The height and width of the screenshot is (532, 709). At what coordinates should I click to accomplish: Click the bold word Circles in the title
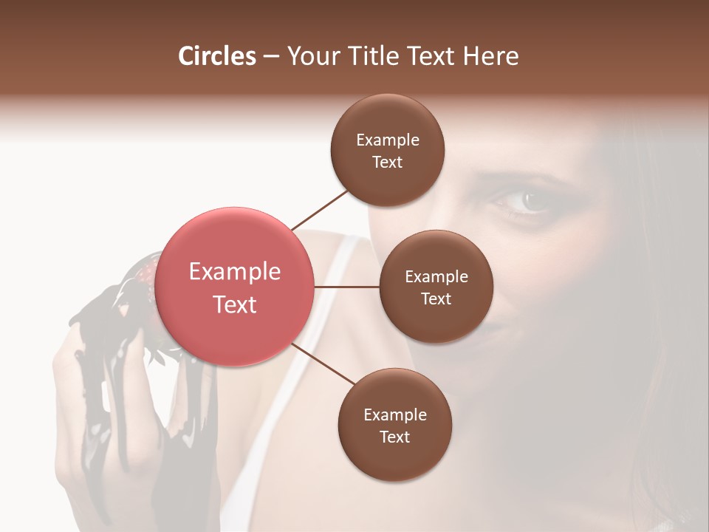(x=217, y=56)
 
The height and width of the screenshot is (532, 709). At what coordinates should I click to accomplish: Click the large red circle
(x=236, y=287)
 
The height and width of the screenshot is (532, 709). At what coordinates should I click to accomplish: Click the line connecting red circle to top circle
(x=320, y=209)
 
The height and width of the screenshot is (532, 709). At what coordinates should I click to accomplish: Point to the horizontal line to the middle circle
(x=347, y=287)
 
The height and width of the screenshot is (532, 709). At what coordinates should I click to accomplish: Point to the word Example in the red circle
(x=235, y=272)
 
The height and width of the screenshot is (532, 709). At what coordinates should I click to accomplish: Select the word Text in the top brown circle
(x=387, y=162)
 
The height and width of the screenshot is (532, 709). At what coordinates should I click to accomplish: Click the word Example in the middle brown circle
(x=436, y=277)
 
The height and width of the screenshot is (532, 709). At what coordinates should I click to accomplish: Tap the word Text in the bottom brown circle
(x=394, y=437)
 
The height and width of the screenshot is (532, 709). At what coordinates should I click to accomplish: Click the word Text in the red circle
(x=235, y=304)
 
